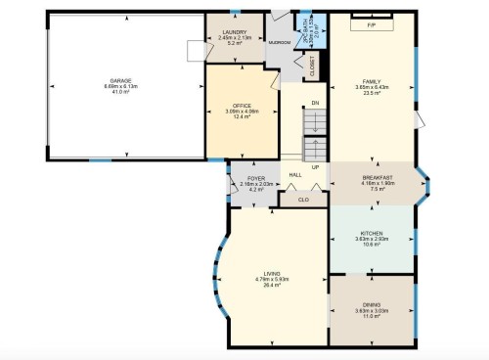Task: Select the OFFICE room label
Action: tap(243, 106)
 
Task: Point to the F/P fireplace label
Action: tap(372, 23)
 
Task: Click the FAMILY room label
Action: tap(372, 81)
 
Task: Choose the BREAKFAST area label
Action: tap(377, 178)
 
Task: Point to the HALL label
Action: tap(295, 176)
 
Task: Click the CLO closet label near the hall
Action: tap(303, 200)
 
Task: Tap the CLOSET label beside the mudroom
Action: tap(312, 67)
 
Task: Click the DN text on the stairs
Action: tap(315, 103)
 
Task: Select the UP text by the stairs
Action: tap(315, 166)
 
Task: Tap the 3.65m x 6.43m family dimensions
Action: tap(372, 87)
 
